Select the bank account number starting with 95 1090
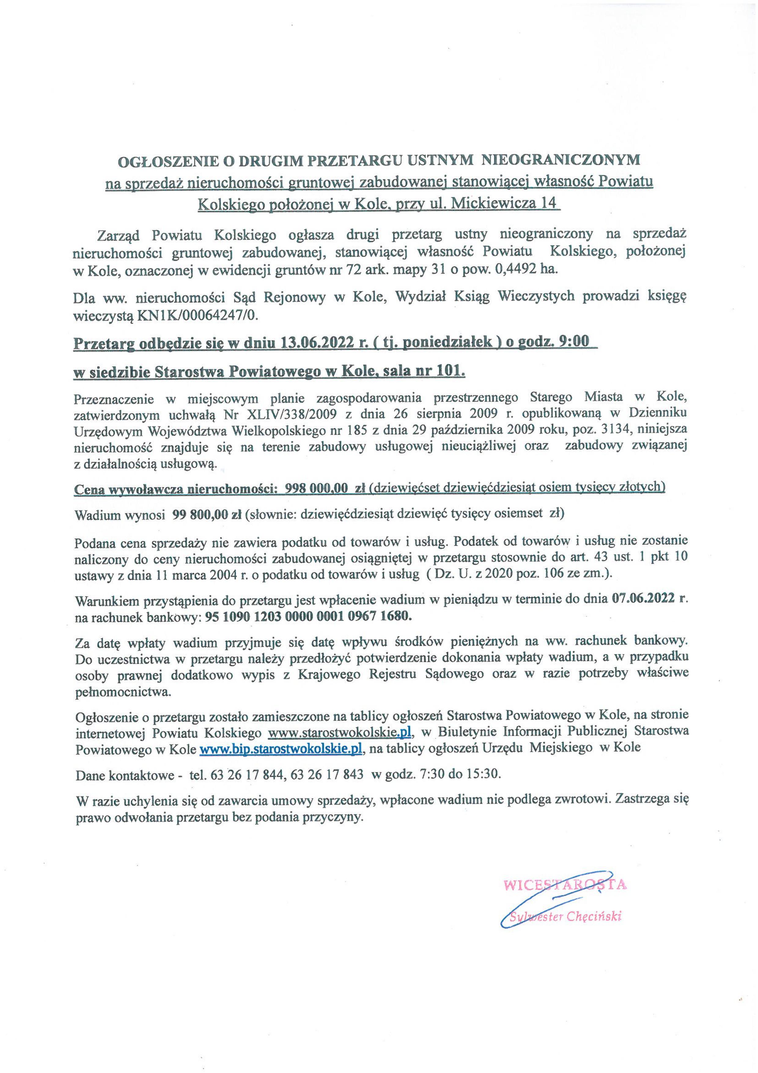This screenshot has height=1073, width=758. (309, 616)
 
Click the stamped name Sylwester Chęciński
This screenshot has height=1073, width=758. (565, 917)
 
